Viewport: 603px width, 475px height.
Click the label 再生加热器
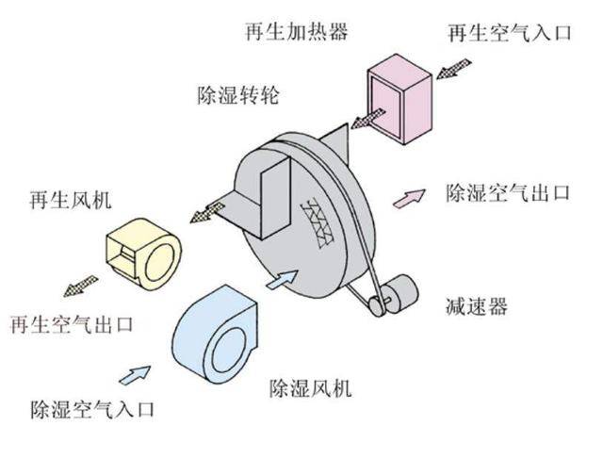pyautogui.click(x=297, y=31)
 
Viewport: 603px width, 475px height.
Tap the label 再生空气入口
pyautogui.click(x=510, y=33)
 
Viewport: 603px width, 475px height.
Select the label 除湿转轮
pyautogui.click(x=238, y=95)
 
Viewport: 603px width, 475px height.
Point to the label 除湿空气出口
pyautogui.click(x=508, y=192)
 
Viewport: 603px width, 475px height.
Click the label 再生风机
pyautogui.click(x=71, y=200)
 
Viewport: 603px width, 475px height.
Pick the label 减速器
pyautogui.click(x=477, y=306)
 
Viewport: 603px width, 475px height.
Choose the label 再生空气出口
pyautogui.click(x=72, y=325)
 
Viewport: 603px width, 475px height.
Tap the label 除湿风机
pyautogui.click(x=310, y=387)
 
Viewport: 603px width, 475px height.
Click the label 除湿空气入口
pyautogui.click(x=92, y=409)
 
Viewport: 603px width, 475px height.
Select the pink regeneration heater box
pyautogui.click(x=399, y=99)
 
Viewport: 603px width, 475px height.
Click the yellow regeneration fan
pyautogui.click(x=143, y=254)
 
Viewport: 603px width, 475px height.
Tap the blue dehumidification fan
pyautogui.click(x=216, y=335)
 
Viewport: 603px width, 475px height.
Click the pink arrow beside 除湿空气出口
pyautogui.click(x=409, y=198)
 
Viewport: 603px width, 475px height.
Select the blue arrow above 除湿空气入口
pyautogui.click(x=135, y=375)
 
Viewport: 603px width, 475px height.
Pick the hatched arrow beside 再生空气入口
pyautogui.click(x=454, y=69)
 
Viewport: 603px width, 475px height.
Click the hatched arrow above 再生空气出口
pyautogui.click(x=81, y=286)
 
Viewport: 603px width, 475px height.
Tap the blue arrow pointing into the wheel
pyautogui.click(x=283, y=279)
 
